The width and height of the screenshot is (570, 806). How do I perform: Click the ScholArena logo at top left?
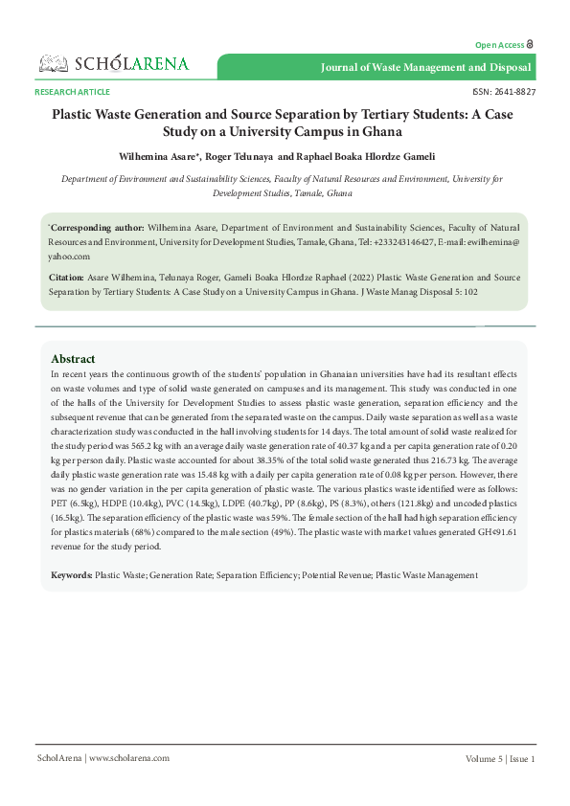coord(113,64)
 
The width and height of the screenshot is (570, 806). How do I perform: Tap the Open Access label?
coord(500,45)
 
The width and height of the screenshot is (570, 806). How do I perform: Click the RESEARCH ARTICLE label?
coord(72,92)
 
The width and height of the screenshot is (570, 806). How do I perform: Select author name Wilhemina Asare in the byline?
coord(157,155)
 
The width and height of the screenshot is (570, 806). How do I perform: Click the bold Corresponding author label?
coord(97,230)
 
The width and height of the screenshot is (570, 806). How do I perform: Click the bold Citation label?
coord(66,277)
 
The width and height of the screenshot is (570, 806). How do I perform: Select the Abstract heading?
coord(73,359)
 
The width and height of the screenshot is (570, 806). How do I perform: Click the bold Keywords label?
coord(72,574)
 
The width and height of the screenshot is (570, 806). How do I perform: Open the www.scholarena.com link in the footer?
coord(130,758)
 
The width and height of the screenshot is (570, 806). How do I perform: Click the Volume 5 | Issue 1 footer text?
coord(500,758)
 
